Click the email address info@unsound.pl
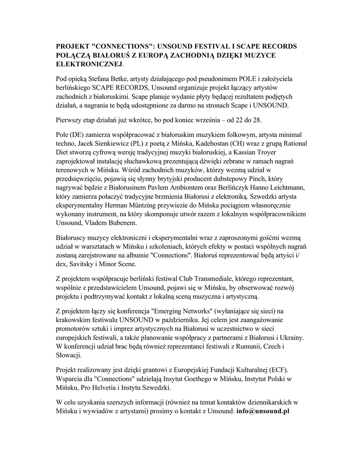click(263, 411)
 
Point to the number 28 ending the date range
click(258, 120)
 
